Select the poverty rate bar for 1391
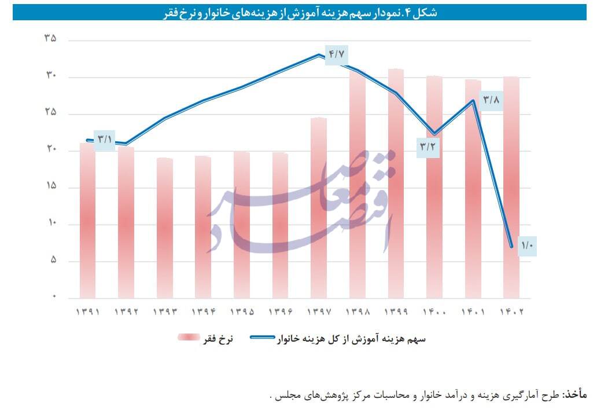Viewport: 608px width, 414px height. pyautogui.click(x=87, y=220)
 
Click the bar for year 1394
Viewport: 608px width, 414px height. pyautogui.click(x=202, y=226)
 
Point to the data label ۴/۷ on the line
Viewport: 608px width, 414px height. pyautogui.click(x=337, y=54)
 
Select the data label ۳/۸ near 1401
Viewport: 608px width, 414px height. pyautogui.click(x=491, y=100)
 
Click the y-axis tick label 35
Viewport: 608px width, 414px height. pyautogui.click(x=50, y=39)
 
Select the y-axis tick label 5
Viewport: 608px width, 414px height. pyautogui.click(x=53, y=261)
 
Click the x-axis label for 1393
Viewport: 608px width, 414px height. pyautogui.click(x=164, y=312)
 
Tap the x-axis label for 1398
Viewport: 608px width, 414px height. pyautogui.click(x=357, y=312)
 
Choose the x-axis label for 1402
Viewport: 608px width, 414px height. pyautogui.click(x=511, y=312)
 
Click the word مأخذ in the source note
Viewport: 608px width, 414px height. pyautogui.click(x=574, y=395)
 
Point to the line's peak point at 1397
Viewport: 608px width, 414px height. pyautogui.click(x=319, y=55)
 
